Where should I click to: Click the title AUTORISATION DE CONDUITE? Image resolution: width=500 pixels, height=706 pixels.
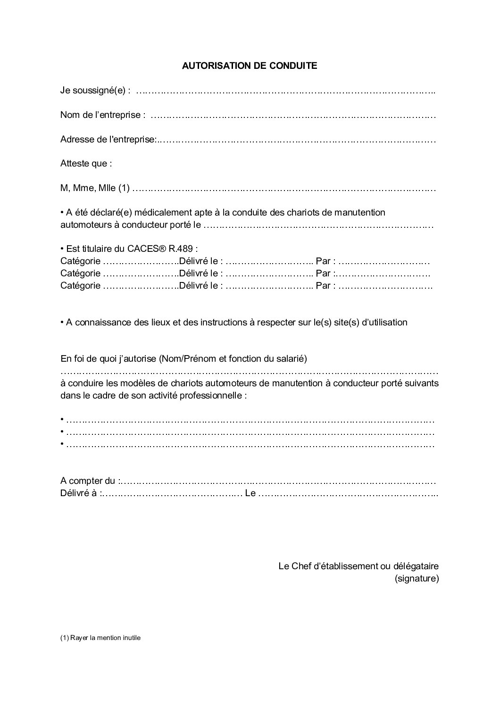pyautogui.click(x=250, y=66)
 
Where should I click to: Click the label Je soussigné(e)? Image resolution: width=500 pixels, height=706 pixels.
pyautogui.click(x=95, y=91)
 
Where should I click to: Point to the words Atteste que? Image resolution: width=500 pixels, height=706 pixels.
pyautogui.click(x=86, y=164)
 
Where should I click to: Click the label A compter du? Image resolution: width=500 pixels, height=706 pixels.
pyautogui.click(x=88, y=481)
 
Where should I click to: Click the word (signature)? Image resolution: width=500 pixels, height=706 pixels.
pyautogui.click(x=417, y=579)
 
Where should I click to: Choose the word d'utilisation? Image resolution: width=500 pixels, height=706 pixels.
pyautogui.click(x=384, y=323)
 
